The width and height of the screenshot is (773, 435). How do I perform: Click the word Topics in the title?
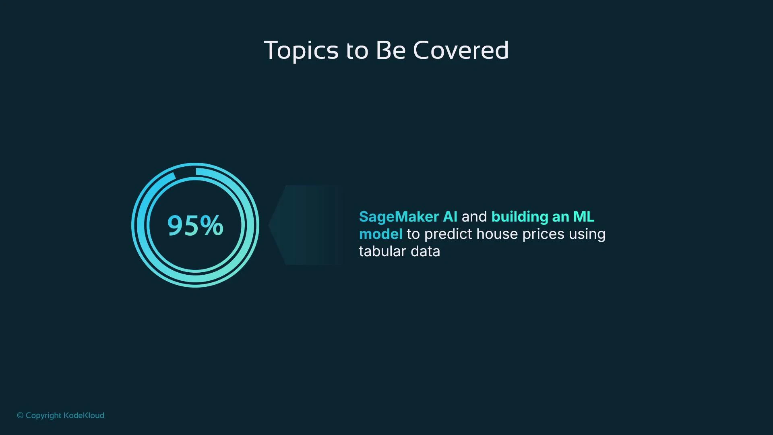click(301, 50)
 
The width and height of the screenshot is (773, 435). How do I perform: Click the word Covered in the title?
click(461, 50)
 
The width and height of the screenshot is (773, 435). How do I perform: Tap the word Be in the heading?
click(390, 50)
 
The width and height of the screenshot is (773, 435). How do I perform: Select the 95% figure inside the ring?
click(195, 225)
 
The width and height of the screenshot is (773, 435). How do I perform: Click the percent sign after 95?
click(211, 225)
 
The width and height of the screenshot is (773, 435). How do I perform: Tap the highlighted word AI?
click(450, 217)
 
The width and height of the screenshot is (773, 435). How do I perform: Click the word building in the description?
click(520, 217)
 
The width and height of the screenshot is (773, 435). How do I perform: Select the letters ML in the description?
click(583, 217)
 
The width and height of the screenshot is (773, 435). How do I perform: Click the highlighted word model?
click(380, 234)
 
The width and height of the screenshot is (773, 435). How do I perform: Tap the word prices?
click(543, 234)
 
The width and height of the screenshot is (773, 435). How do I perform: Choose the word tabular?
click(382, 251)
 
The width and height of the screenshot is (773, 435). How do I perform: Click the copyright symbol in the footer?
click(20, 415)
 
